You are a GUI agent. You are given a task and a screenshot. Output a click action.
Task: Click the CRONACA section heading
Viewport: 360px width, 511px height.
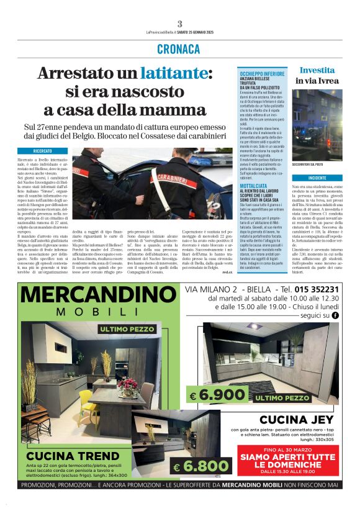click(179, 48)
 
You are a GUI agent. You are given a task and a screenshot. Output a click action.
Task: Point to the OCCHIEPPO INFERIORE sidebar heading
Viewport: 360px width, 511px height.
click(262, 74)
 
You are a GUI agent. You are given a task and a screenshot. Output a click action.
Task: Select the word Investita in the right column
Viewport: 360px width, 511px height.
click(317, 70)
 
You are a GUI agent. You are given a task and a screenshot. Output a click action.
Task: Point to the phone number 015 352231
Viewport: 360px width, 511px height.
click(317, 289)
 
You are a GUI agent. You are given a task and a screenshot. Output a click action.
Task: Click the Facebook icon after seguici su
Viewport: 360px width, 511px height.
click(336, 315)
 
